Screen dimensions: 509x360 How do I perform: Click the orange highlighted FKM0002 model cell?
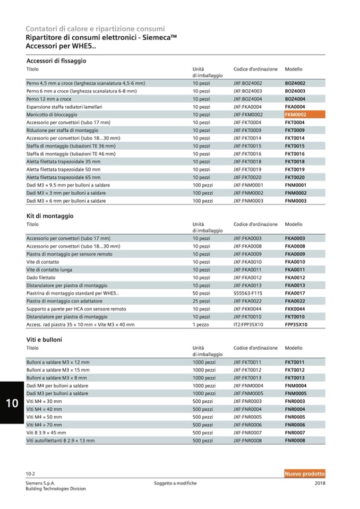pyautogui.click(x=296, y=114)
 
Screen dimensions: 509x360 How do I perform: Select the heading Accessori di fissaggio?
pyautogui.click(x=56, y=61)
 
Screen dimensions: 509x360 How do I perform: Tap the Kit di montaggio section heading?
pyautogui.click(x=50, y=216)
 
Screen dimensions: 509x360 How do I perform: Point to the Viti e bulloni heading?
pyautogui.click(x=44, y=339)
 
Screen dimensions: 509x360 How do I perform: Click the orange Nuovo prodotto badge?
pyautogui.click(x=304, y=473)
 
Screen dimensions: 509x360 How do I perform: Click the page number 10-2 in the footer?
pyautogui.click(x=31, y=473)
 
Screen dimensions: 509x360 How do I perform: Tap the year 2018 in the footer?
pyautogui.click(x=320, y=483)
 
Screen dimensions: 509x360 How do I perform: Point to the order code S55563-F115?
pyautogui.click(x=248, y=293)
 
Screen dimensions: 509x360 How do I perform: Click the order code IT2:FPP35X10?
pyautogui.click(x=248, y=324)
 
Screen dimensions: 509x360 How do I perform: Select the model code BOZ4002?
pyautogui.click(x=295, y=83)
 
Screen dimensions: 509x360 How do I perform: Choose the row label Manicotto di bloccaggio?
pyautogui.click(x=52, y=114)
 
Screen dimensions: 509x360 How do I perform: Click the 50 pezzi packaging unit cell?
pyautogui.click(x=201, y=293)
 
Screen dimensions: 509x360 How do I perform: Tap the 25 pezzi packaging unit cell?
pyautogui.click(x=201, y=301)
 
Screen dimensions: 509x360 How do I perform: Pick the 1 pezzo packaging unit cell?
pyautogui.click(x=201, y=324)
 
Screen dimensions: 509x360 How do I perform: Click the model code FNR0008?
pyautogui.click(x=295, y=441)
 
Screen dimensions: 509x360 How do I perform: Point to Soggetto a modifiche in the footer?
pyautogui.click(x=175, y=483)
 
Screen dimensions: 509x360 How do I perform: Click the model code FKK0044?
pyautogui.click(x=295, y=309)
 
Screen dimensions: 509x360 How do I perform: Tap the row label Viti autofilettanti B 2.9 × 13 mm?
pyautogui.click(x=61, y=441)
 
